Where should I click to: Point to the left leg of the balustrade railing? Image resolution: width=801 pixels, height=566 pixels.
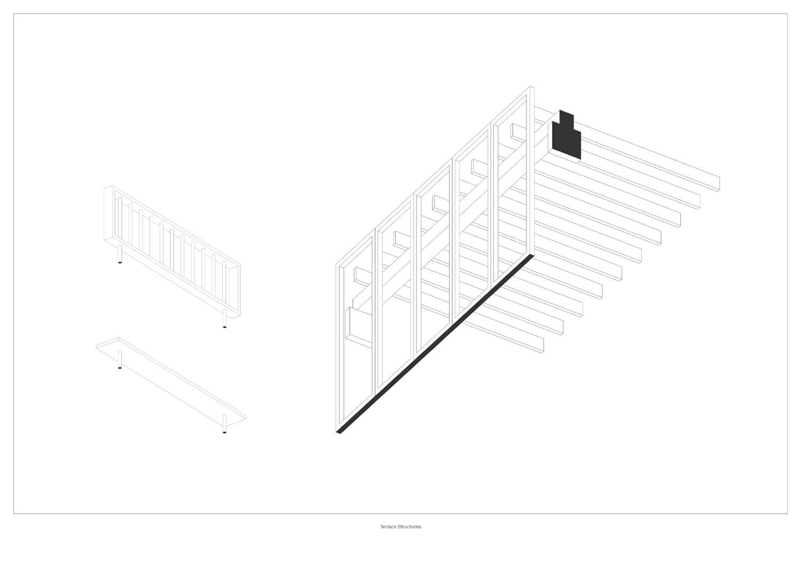pyautogui.click(x=120, y=254)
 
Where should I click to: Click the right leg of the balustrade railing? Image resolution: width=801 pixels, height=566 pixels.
pyautogui.click(x=224, y=318)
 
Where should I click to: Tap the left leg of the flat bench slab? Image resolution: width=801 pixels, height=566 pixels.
pyautogui.click(x=120, y=360)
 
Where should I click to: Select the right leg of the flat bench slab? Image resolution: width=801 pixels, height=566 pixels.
pyautogui.click(x=224, y=424)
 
